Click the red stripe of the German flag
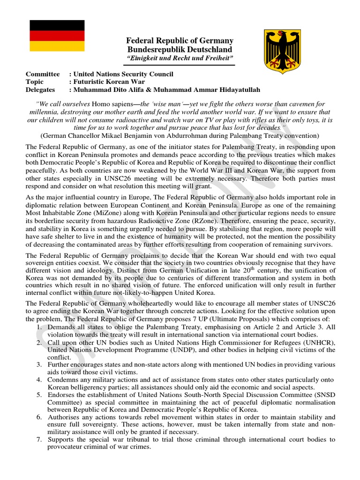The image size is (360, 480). tap(57, 36)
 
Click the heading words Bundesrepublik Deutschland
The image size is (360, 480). tap(180, 49)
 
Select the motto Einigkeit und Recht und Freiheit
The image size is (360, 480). tap(180, 58)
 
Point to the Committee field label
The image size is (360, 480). tap(43, 74)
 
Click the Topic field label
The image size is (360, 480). tap(35, 82)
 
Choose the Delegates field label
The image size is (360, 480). tap(40, 90)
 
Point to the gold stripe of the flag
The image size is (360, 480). tap(57, 46)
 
